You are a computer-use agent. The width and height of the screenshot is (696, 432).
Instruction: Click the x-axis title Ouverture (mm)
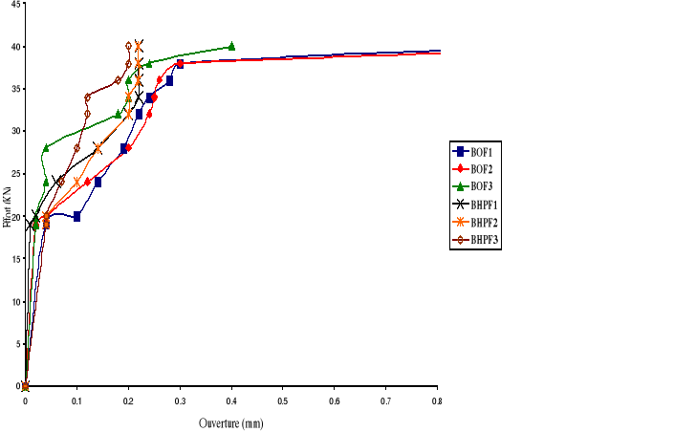click(230, 421)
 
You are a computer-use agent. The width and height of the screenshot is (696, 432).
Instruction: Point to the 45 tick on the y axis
click(12, 5)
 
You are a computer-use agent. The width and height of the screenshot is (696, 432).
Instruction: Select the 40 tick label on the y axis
click(12, 47)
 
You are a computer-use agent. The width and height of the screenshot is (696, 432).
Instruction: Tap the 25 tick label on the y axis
click(12, 174)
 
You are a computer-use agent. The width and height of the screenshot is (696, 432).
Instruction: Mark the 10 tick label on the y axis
click(12, 301)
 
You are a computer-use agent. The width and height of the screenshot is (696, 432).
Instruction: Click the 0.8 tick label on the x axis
click(437, 399)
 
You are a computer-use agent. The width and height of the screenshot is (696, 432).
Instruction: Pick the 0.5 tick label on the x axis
click(283, 399)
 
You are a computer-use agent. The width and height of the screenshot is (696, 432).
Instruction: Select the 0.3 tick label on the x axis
click(180, 399)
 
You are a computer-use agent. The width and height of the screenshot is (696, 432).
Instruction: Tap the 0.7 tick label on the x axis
click(385, 399)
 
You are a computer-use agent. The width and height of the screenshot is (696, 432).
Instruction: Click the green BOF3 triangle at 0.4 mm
click(231, 46)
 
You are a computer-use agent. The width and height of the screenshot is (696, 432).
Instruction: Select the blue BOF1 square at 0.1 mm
click(76, 217)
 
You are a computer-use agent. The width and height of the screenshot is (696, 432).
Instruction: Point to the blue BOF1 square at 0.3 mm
click(180, 64)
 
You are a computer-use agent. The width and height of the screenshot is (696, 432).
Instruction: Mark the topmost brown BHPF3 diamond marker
click(128, 46)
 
